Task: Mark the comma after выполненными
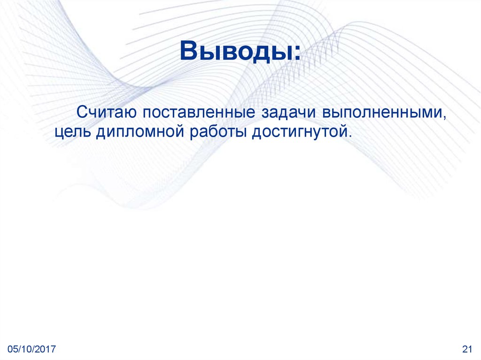point(443,117)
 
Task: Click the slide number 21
point(467,349)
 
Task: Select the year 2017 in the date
point(46,349)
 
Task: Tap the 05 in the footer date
point(13,349)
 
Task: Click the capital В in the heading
point(188,51)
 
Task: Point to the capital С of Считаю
point(82,113)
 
